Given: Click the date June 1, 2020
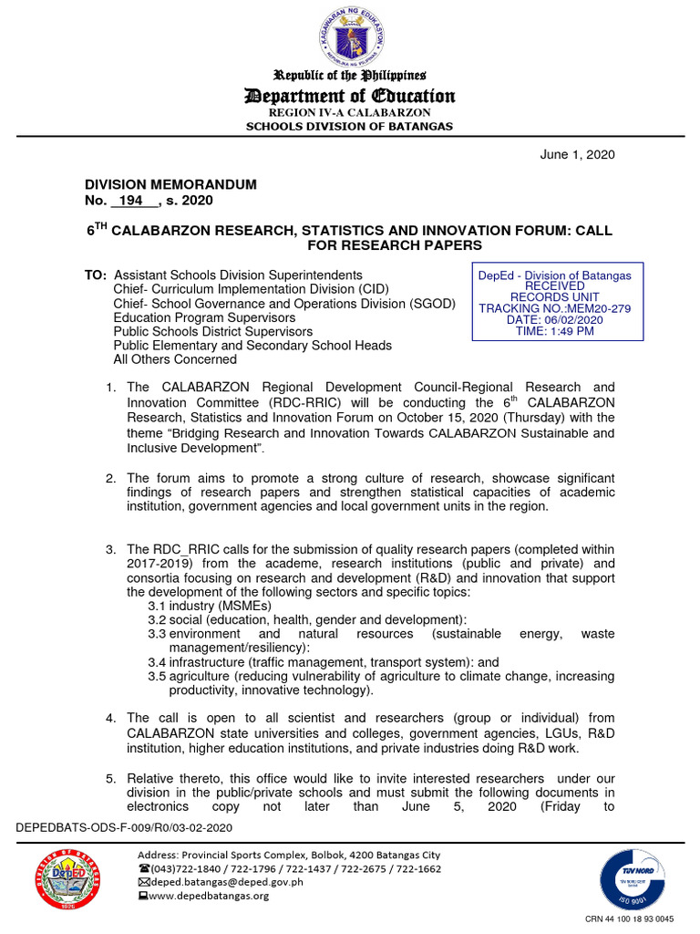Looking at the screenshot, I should point(578,154).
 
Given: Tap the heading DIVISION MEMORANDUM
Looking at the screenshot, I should point(170,184).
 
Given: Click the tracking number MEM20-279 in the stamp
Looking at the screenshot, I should point(554,308).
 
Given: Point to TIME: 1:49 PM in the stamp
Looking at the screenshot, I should point(554,331).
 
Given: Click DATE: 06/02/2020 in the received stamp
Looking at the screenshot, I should point(554,319).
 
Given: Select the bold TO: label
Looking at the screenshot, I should point(95,275).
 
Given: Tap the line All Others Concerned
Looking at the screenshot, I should point(175,359).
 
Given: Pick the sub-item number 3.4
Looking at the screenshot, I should point(157,662).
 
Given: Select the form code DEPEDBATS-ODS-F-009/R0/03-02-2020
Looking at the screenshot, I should point(124,826).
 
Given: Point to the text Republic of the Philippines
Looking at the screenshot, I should point(350,76).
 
